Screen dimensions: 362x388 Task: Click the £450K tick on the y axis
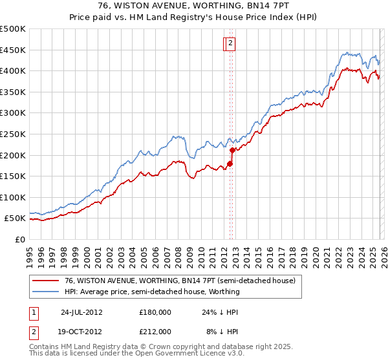pos(13,50)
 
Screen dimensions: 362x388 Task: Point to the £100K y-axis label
pos(13,197)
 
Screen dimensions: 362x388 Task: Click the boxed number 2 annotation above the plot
pos(231,44)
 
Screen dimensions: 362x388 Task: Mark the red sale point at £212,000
pos(232,150)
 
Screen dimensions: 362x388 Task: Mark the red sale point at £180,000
pos(230,164)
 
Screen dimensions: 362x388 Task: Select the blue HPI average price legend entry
pos(152,292)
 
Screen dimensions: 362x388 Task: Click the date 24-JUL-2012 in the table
pos(81,312)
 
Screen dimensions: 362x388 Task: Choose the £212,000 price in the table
pos(155,331)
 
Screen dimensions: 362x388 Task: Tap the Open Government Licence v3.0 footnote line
pos(131,354)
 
